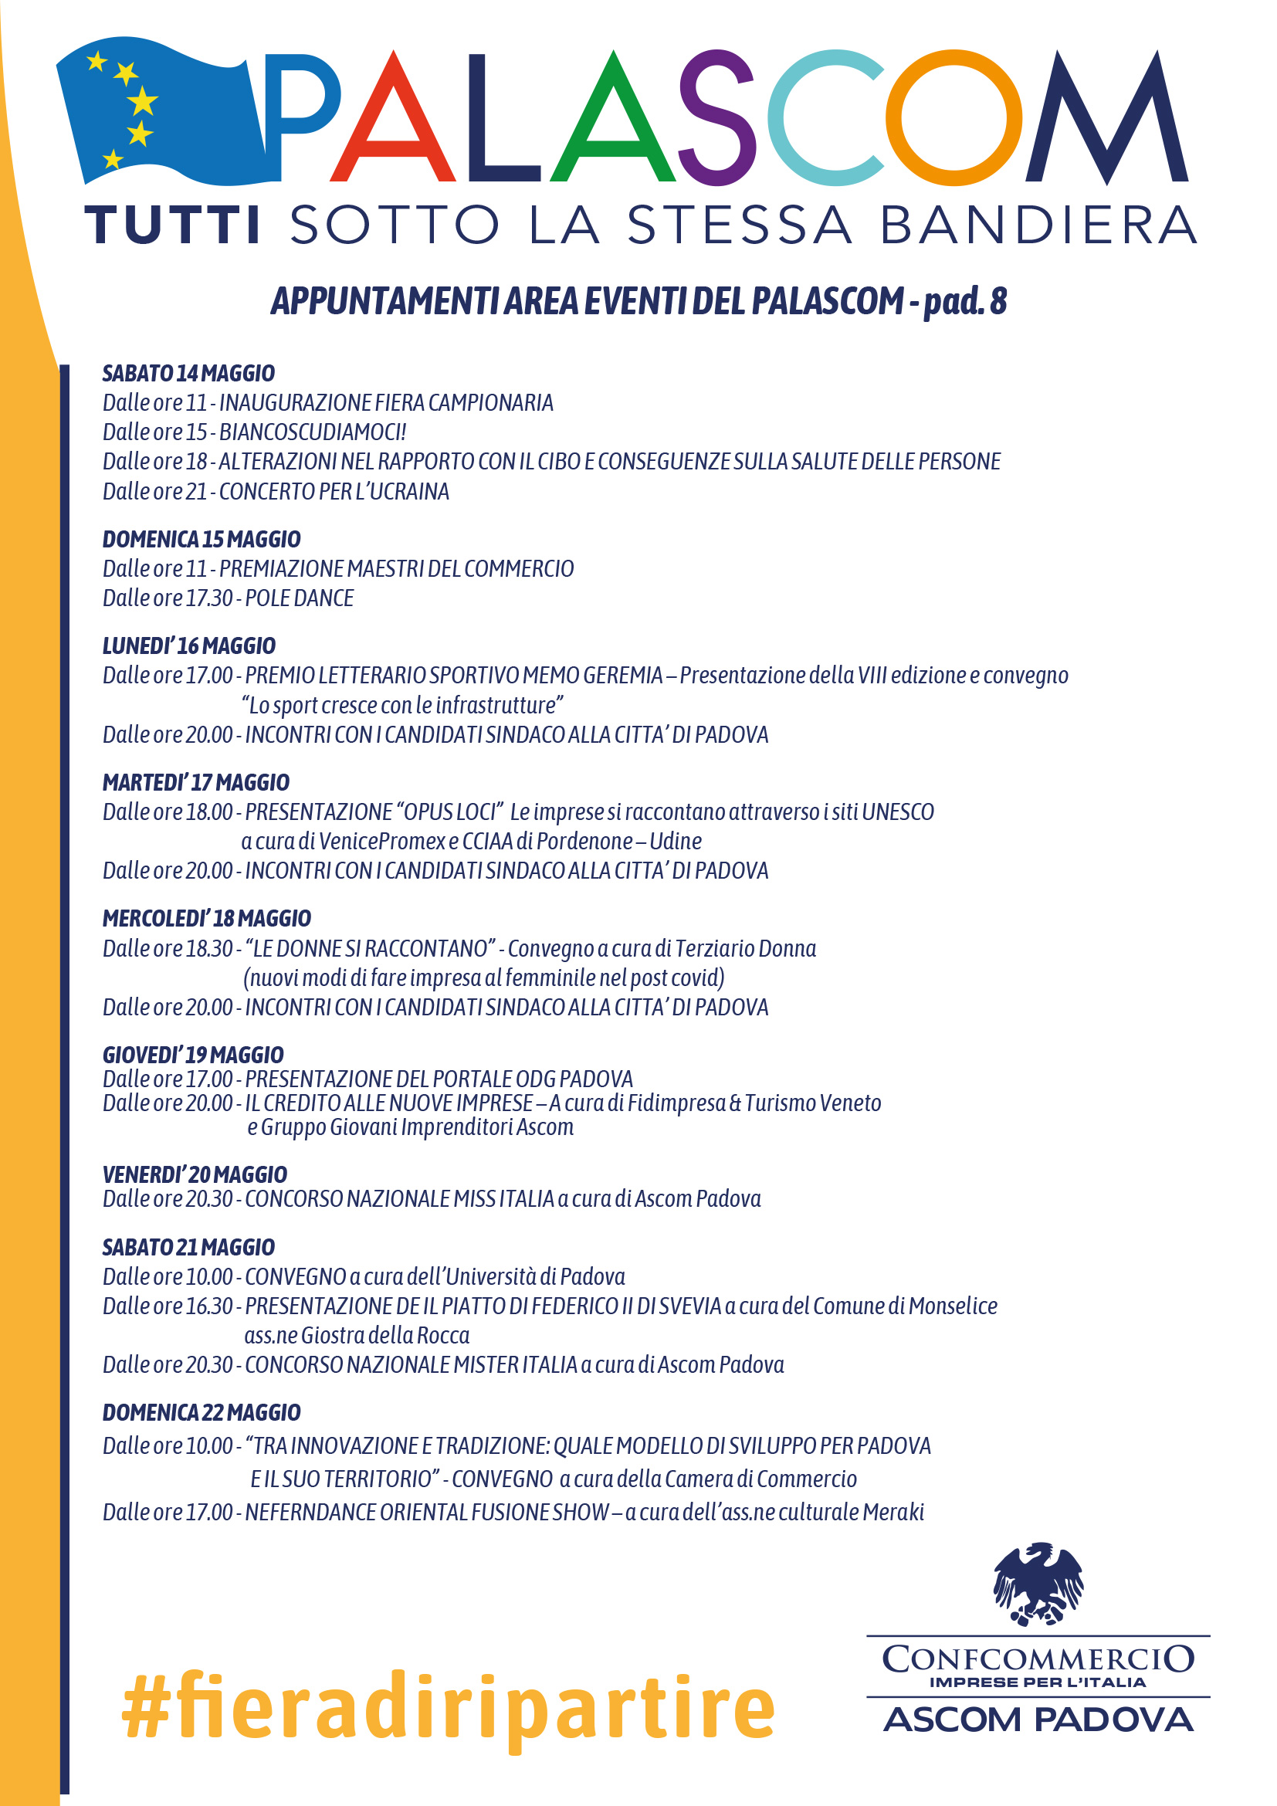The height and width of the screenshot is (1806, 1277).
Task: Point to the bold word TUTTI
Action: coord(172,225)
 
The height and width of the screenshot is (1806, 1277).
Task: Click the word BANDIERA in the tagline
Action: coord(1038,225)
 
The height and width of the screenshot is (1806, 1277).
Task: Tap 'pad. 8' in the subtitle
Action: coord(965,300)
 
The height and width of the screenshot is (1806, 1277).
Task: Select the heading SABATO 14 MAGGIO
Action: coord(188,373)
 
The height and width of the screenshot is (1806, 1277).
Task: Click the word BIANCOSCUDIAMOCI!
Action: coord(312,432)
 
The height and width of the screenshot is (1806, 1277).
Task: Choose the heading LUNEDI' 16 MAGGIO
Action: coord(188,645)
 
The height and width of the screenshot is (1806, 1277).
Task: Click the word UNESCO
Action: coord(897,812)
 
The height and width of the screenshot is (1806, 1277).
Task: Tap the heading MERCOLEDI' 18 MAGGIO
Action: coord(207,918)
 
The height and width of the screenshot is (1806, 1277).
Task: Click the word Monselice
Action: coord(952,1306)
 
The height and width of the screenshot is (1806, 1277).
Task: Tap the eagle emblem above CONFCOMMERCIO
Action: coord(1038,1582)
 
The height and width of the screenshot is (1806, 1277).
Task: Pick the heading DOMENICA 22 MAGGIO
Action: coord(202,1413)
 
